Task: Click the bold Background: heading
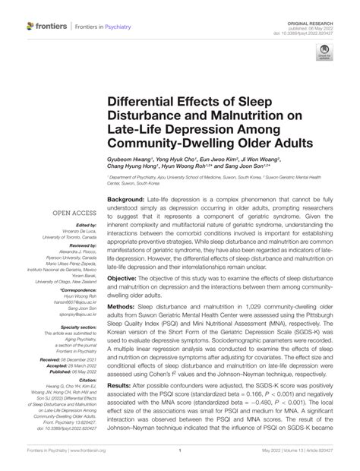[125, 199]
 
